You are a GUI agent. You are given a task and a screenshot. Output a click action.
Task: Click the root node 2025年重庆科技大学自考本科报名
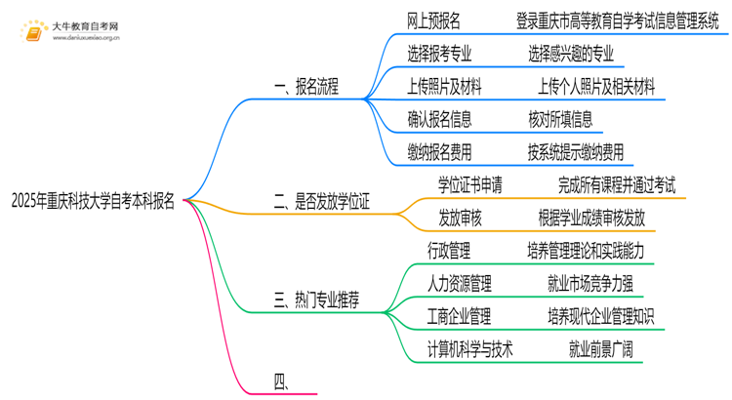(x=94, y=201)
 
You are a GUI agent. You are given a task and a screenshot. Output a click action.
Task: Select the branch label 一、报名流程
(x=305, y=87)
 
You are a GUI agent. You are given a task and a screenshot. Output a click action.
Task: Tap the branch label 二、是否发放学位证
(x=321, y=201)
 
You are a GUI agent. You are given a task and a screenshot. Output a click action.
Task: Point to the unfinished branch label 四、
(x=283, y=382)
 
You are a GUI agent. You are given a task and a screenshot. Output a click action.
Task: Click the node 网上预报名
(x=434, y=20)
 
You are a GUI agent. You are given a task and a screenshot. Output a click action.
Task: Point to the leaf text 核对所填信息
(x=559, y=119)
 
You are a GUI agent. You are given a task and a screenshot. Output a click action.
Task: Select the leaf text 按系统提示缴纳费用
(x=575, y=152)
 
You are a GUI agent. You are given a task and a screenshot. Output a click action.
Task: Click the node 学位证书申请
(x=473, y=183)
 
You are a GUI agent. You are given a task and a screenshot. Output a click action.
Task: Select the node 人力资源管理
(x=460, y=284)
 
